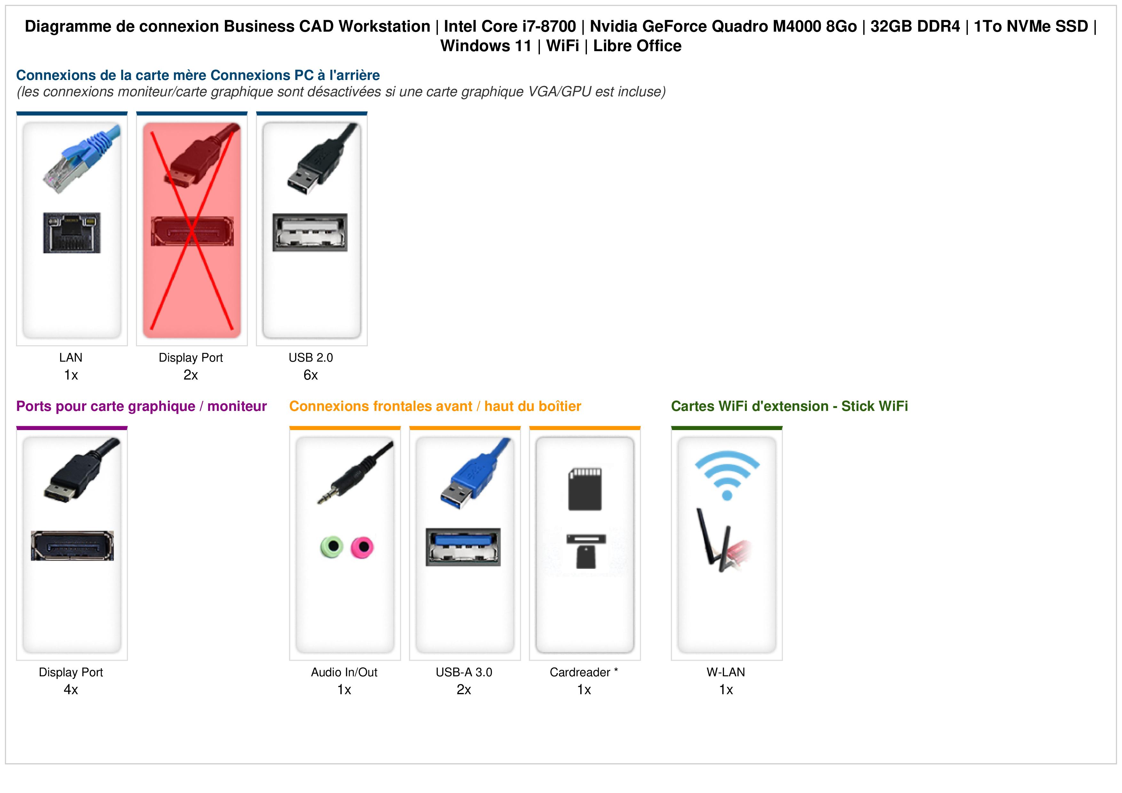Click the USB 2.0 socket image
(310, 232)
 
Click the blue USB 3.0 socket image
(463, 547)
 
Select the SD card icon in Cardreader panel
(585, 489)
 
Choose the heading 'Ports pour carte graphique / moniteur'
(141, 406)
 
